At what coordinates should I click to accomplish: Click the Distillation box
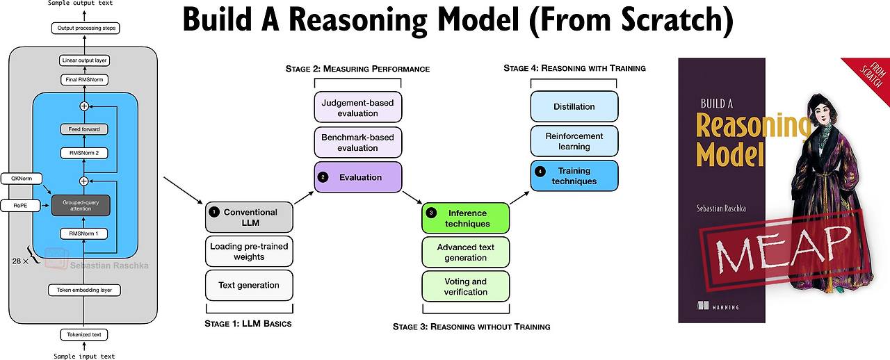(574, 106)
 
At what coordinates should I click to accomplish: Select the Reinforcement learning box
(574, 141)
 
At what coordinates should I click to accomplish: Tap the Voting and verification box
(466, 286)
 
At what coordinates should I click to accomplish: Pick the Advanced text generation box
(466, 252)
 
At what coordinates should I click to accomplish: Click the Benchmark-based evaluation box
(358, 142)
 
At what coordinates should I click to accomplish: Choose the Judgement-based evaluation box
(358, 108)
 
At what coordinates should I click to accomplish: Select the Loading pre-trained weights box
(249, 252)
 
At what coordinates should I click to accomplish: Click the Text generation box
(249, 285)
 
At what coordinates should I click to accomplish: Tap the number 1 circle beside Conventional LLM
(214, 212)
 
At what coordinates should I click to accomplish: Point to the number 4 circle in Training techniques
(540, 171)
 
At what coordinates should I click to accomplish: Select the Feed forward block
(84, 129)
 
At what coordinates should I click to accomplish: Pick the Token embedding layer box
(84, 290)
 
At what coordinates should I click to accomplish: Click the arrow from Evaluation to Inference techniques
(412, 196)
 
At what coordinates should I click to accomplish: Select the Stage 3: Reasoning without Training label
(471, 327)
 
